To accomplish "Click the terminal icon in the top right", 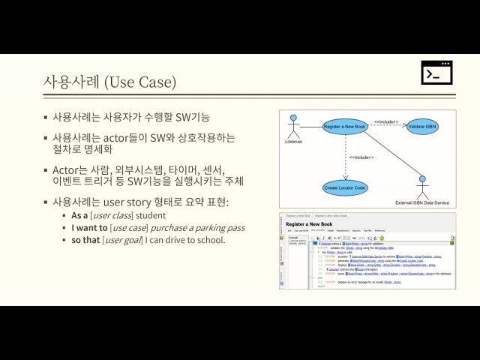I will pos(436,73).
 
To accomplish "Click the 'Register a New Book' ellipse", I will pos(344,127).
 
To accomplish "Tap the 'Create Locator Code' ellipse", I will pos(346,187).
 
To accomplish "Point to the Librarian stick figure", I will pos(293,124).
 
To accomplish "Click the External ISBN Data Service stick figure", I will pos(422,186).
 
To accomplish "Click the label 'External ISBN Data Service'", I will pos(422,202).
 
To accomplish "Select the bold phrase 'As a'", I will pos(79,215).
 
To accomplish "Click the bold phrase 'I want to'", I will pos(89,227).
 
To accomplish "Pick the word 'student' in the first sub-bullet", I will pos(151,215).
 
